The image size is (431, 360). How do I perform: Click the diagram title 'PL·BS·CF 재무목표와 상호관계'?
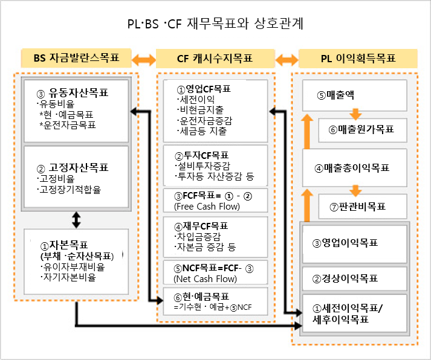(215, 24)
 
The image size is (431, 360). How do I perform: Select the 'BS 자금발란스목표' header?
(76, 58)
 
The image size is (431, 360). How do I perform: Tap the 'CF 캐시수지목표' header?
(215, 59)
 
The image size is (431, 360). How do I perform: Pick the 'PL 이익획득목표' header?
(358, 59)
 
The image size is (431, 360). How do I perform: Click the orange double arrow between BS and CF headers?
(144, 60)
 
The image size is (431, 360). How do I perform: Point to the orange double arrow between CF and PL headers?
(287, 60)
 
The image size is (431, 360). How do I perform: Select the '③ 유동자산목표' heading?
(73, 93)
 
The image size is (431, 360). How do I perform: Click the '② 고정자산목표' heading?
(73, 167)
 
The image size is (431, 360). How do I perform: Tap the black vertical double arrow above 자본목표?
(76, 220)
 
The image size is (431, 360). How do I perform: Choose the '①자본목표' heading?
(64, 245)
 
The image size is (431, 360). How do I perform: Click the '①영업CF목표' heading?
(204, 89)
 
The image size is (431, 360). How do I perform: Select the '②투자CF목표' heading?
(202, 156)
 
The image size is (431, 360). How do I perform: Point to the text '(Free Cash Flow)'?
(207, 206)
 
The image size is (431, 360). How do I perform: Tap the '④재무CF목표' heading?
(201, 227)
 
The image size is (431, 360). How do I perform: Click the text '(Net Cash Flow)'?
(206, 278)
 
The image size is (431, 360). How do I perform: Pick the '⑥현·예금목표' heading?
(201, 297)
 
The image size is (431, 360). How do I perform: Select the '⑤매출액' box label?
(335, 95)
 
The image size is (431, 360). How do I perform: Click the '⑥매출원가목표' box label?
(361, 129)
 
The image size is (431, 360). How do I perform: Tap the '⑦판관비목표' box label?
(358, 207)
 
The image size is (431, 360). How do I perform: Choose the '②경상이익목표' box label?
(345, 278)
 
